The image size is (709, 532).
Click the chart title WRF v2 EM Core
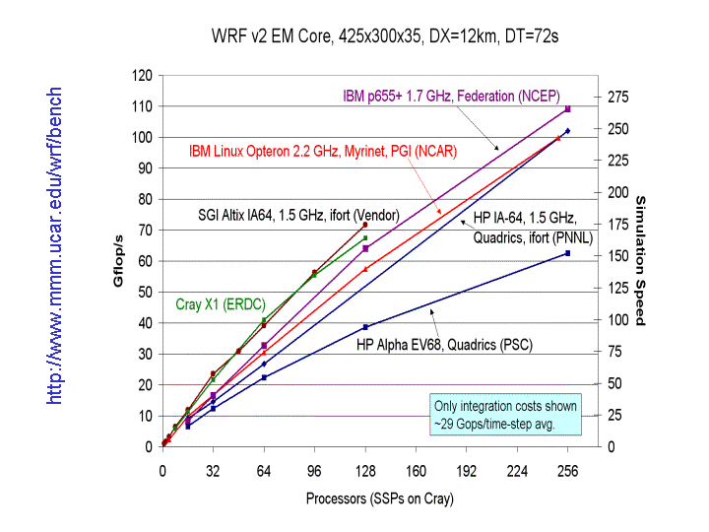[x=386, y=36]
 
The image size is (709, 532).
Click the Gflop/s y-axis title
[x=118, y=261]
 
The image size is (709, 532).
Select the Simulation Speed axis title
[x=640, y=260]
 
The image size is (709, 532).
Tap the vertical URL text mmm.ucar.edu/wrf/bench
[x=55, y=244]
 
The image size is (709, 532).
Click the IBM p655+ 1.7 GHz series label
[x=451, y=96]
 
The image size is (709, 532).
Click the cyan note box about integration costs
[x=506, y=415]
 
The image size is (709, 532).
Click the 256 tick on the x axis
[x=568, y=471]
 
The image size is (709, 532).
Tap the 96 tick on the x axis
[x=314, y=471]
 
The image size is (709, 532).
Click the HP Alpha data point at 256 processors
[x=567, y=253]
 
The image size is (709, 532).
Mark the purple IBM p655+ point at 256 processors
[x=568, y=108]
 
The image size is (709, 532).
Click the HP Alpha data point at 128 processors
[x=365, y=327]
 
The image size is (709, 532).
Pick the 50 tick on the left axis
[x=146, y=292]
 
